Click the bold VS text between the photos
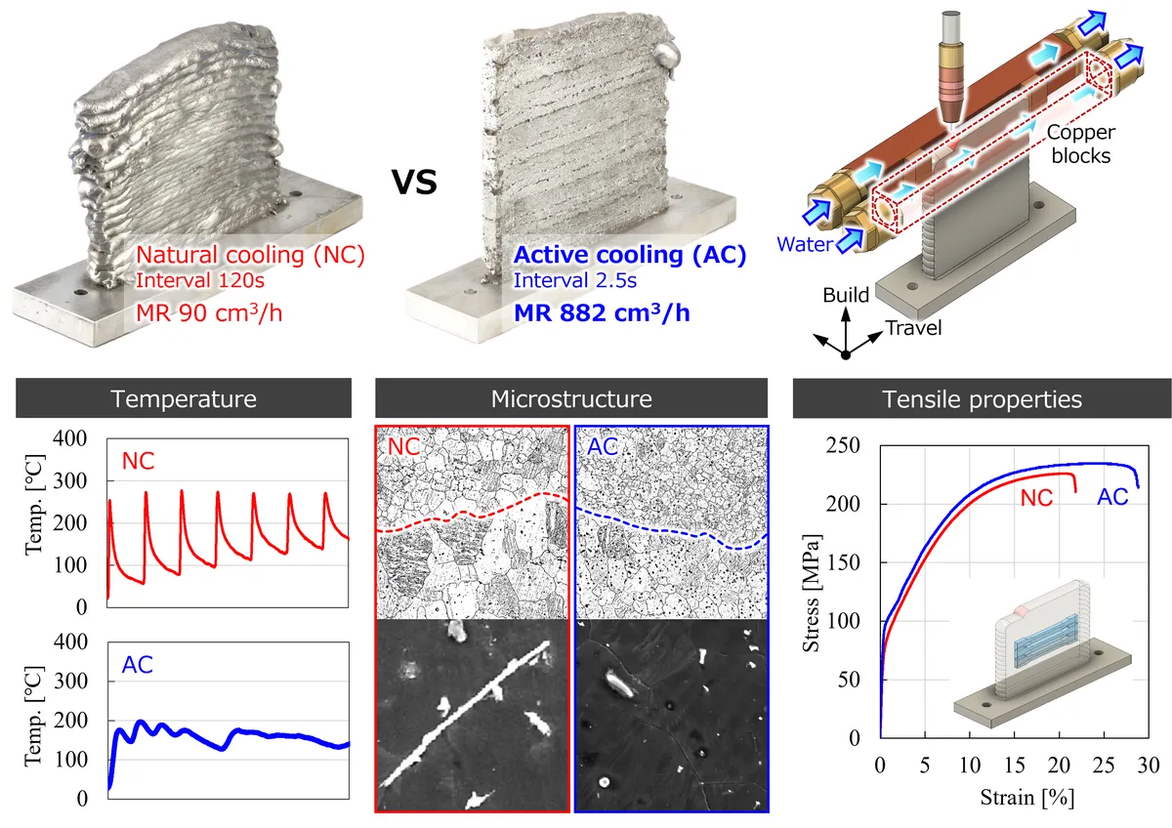pos(414,182)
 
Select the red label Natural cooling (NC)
pos(250,255)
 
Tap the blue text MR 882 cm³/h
pos(602,312)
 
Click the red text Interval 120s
pos(200,280)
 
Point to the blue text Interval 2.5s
pos(575,280)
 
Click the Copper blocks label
pos(1081,144)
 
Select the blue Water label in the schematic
pos(805,244)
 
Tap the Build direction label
pos(846,295)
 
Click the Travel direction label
pos(913,328)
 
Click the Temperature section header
pos(184,398)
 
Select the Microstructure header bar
pos(571,398)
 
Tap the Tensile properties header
pos(983,399)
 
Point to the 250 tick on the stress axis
pos(843,445)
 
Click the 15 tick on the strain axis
pos(1014,766)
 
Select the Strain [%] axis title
pos(1027,798)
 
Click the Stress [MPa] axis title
pos(811,593)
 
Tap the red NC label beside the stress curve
pos(1036,498)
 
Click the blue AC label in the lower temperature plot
pos(137,665)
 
